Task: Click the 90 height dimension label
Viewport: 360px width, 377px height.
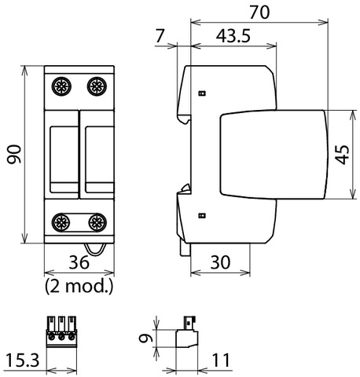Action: pos(14,154)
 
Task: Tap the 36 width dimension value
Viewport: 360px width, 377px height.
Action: pos(79,262)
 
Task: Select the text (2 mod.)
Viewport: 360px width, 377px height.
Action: pos(79,286)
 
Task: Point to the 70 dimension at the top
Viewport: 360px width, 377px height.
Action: pos(259,13)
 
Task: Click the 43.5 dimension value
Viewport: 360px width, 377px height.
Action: pos(233,35)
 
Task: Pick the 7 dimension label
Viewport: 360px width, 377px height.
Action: pos(160,35)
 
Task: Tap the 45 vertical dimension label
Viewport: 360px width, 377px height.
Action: pos(343,155)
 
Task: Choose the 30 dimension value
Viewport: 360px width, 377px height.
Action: pos(220,262)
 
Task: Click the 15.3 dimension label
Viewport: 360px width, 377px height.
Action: pos(22,360)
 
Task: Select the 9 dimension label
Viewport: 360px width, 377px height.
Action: pos(146,339)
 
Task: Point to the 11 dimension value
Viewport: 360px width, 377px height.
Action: pos(221,360)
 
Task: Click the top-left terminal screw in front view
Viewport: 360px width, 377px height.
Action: pos(61,86)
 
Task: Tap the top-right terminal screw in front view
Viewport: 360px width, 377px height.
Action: pos(97,86)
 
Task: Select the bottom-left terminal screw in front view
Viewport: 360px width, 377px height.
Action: pos(61,222)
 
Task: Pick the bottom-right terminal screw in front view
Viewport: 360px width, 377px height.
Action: pos(97,222)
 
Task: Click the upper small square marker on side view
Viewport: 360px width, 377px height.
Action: pos(202,93)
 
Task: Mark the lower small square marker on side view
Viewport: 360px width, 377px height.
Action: pos(202,215)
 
